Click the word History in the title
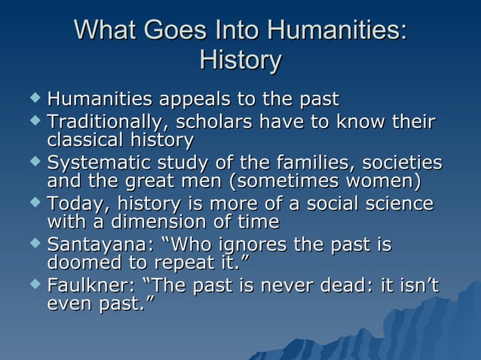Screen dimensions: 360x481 pos(240,60)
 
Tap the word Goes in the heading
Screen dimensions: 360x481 pos(166,32)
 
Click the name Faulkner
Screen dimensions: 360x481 pos(87,286)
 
